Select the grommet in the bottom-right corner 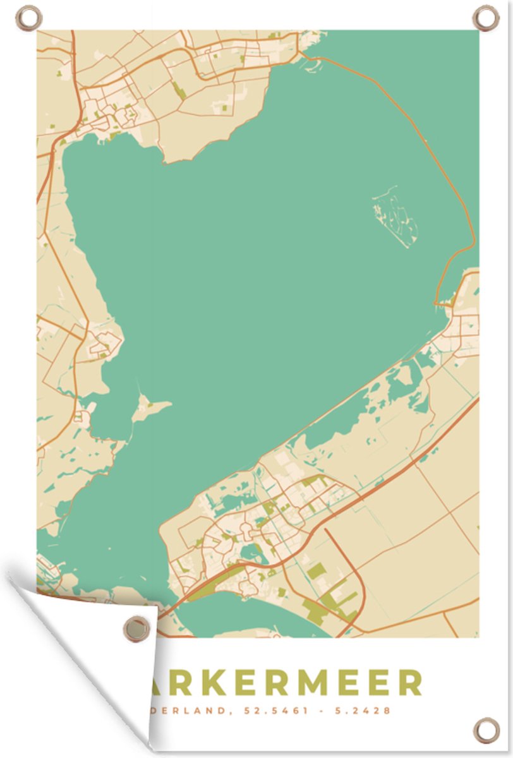486,730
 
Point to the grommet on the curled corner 136,629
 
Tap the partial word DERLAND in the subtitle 190,711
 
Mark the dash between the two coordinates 323,711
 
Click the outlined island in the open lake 395,218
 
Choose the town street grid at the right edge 464,328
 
